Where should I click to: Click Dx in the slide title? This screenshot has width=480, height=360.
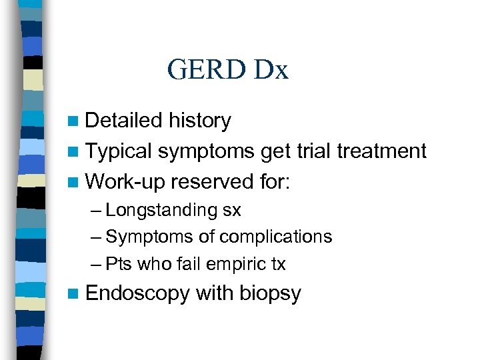[x=270, y=70]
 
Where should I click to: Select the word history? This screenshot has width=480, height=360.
[x=200, y=121]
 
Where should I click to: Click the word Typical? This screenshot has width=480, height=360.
[x=119, y=151]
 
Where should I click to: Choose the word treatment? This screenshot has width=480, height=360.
[x=382, y=151]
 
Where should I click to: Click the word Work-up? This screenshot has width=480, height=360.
[x=125, y=181]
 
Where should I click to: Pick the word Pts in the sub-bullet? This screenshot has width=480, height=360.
[x=119, y=264]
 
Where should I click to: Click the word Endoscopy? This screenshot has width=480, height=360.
[x=137, y=293]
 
